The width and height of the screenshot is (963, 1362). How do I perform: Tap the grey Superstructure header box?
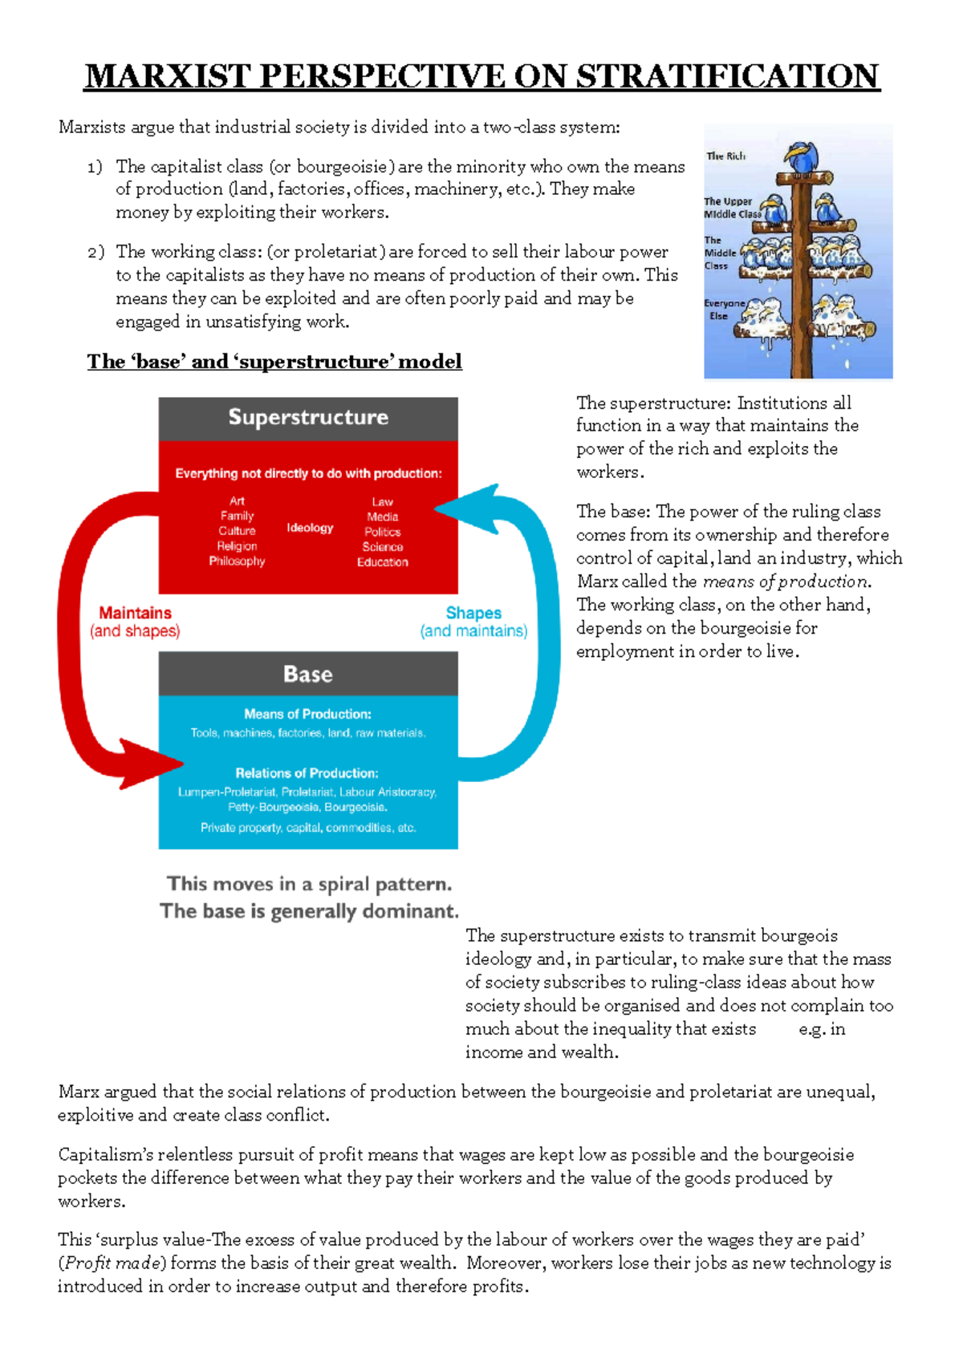pos(308,418)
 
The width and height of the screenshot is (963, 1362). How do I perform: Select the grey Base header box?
pos(308,674)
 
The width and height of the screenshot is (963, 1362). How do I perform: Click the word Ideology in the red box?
pos(310,528)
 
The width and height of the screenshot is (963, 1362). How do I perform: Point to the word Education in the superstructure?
pos(382,562)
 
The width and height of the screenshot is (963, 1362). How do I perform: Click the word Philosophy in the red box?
pos(237,561)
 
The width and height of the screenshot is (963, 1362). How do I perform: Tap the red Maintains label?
pos(135,613)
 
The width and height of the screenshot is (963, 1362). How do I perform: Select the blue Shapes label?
pos(473,613)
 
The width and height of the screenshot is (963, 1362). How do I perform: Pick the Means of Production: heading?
pos(307,714)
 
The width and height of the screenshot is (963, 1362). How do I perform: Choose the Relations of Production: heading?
pos(307,773)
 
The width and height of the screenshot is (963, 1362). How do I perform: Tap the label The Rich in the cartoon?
pos(725,156)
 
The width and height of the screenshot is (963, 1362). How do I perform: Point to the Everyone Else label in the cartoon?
pos(723,310)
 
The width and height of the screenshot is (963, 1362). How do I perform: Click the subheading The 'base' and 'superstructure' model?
pos(274,362)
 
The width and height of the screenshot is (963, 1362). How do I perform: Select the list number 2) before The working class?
pos(95,253)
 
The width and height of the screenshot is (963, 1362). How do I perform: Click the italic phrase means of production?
pos(785,582)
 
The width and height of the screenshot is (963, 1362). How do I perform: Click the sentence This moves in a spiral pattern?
pos(309,884)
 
